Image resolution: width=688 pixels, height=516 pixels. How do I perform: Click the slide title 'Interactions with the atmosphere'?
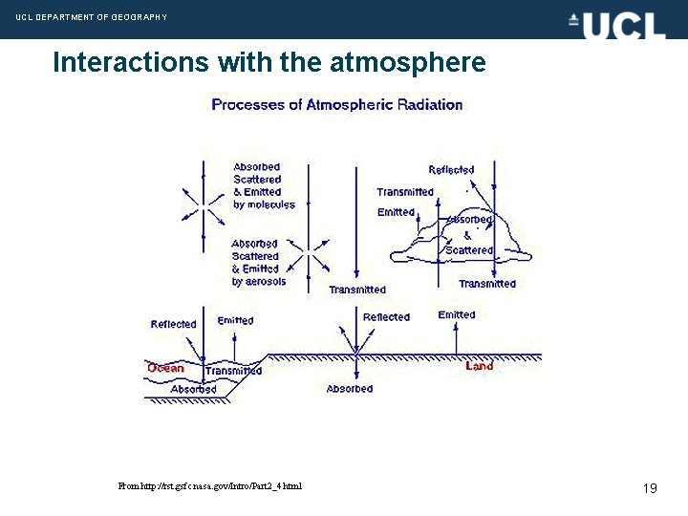point(269,63)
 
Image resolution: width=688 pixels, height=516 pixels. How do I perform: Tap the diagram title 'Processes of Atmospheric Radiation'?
point(336,104)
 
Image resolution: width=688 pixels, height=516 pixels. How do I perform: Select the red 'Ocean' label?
point(165,368)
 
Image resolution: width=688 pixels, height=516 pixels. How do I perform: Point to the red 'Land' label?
point(480,366)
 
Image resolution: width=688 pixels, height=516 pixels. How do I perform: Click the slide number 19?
point(650,488)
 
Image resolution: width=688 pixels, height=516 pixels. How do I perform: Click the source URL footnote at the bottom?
point(210,486)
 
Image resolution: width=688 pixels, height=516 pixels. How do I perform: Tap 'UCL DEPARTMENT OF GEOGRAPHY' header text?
point(92,17)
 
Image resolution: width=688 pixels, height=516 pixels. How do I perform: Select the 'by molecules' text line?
point(264,204)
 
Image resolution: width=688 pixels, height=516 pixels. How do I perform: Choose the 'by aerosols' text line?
point(258,282)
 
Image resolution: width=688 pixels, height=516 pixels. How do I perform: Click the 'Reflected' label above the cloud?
point(451,170)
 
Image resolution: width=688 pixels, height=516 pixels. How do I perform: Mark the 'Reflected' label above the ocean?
point(173,324)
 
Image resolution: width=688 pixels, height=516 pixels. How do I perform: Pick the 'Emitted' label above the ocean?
point(235,320)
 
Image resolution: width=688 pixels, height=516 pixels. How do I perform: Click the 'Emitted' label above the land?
point(457,314)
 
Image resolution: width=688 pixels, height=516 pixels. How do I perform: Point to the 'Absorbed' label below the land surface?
point(350,389)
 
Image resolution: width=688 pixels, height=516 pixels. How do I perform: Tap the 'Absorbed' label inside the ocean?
point(194,389)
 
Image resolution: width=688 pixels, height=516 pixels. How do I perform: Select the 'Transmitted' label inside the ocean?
point(233,371)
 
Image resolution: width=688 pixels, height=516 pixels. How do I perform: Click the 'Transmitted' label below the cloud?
point(487,284)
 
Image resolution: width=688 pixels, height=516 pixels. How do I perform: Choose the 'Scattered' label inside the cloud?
point(469,250)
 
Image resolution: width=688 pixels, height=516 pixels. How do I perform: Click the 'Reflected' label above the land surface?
point(386,317)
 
